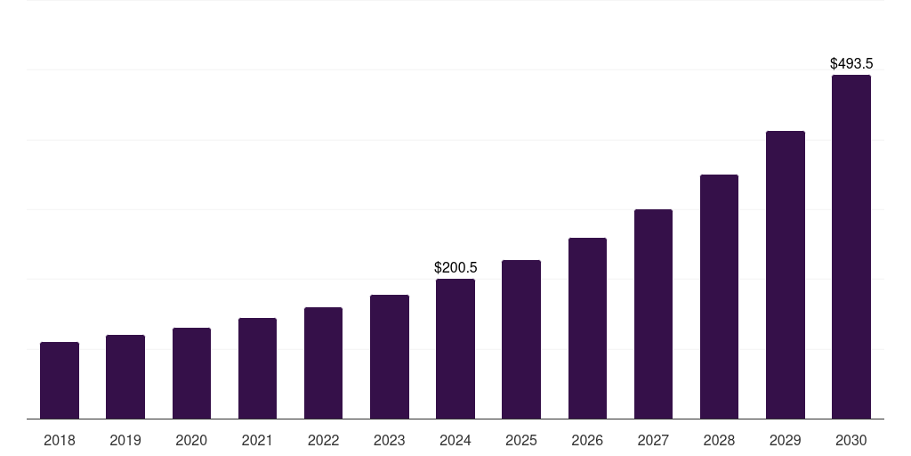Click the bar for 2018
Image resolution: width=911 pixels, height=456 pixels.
(60, 380)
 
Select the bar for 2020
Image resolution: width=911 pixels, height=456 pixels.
(191, 373)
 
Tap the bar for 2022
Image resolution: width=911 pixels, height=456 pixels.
(323, 362)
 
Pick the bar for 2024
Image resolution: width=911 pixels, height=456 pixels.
(455, 348)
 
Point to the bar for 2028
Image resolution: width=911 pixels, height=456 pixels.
(719, 297)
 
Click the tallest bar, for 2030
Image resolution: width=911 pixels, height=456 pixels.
(851, 247)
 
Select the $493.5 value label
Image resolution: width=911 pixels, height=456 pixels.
(851, 64)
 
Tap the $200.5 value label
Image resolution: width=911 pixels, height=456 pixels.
(455, 267)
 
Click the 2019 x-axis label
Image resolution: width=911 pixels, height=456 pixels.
(125, 440)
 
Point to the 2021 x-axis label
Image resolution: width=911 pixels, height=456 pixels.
(257, 440)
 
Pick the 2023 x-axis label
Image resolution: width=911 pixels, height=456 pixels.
(390, 440)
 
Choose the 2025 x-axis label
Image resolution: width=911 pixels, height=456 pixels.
(521, 440)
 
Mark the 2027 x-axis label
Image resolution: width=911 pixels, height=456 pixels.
(653, 440)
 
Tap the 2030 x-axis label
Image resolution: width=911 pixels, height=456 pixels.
(851, 440)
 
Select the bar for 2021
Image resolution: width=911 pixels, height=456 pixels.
(257, 368)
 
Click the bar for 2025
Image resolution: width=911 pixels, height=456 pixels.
(521, 339)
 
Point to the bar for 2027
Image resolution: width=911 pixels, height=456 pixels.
(653, 313)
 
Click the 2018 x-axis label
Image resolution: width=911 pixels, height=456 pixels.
(60, 440)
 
